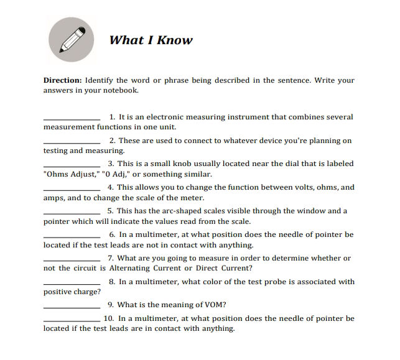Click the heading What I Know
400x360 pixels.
151,40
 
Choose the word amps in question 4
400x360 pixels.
53,198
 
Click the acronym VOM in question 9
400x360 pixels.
215,305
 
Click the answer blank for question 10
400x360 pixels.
72,320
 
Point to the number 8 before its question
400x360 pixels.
111,282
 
